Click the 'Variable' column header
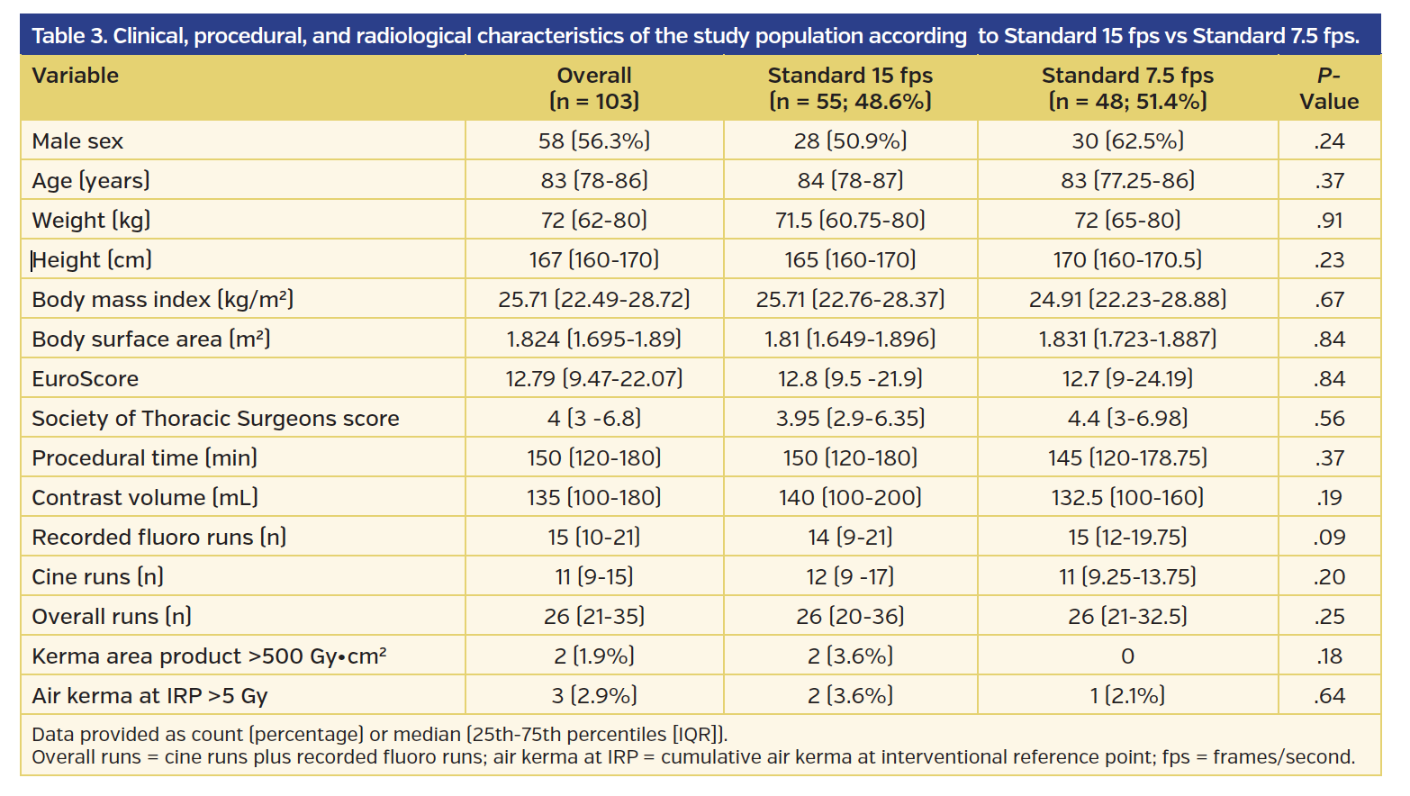(76, 76)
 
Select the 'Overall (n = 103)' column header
(594, 88)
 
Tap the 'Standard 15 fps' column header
(850, 88)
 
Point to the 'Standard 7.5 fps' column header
(1127, 88)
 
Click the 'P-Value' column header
(1328, 88)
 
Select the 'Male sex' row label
(77, 141)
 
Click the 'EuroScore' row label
(86, 379)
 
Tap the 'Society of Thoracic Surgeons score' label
(215, 419)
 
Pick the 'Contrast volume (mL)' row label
(145, 498)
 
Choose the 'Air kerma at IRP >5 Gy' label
(149, 696)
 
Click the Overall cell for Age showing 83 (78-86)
(594, 181)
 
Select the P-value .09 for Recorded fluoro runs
(1329, 538)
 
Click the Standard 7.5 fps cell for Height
(1127, 260)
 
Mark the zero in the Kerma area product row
(1127, 656)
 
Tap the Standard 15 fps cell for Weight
(850, 221)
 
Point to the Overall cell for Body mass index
(594, 300)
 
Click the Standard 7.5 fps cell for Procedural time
(1127, 458)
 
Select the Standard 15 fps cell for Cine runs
(850, 577)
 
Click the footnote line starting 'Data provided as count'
(379, 735)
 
